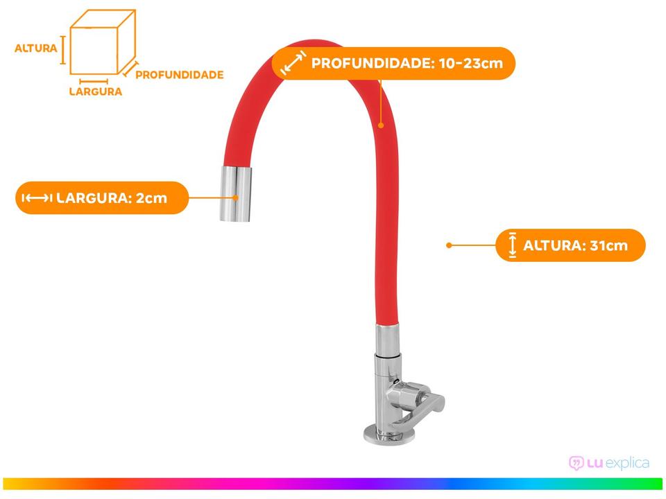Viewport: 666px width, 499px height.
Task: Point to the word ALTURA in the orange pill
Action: pos(552,245)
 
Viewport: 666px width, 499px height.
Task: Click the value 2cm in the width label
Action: pos(151,198)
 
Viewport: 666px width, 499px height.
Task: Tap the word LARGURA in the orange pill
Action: pos(93,198)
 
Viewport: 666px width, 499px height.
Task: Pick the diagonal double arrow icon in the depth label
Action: pos(293,64)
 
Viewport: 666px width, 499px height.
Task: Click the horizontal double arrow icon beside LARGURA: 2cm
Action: pos(37,198)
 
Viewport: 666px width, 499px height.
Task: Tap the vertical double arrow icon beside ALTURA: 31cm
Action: pos(512,245)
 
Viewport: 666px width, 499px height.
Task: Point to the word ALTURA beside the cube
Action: pos(35,49)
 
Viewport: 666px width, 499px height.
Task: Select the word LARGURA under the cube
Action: pos(96,91)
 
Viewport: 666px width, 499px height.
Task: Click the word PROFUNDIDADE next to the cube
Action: pos(179,74)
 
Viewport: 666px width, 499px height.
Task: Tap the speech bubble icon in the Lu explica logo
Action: pos(576,462)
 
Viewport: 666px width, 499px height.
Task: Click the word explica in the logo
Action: pos(626,462)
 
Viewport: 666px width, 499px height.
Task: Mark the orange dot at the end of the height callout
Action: pos(449,245)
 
